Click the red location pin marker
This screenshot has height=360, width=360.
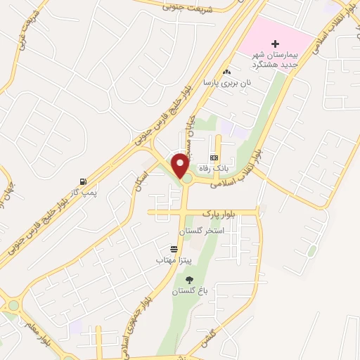pyautogui.click(x=181, y=166)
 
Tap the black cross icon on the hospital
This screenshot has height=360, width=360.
pyautogui.click(x=275, y=44)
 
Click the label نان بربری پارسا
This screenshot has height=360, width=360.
pyautogui.click(x=227, y=82)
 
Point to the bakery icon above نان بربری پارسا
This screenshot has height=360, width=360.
pyautogui.click(x=226, y=72)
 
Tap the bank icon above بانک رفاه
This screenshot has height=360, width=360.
pyautogui.click(x=214, y=157)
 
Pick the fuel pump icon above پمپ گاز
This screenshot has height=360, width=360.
pyautogui.click(x=84, y=181)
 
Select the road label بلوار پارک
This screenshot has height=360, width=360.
pyautogui.click(x=217, y=212)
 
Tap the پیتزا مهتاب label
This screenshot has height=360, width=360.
pyautogui.click(x=173, y=259)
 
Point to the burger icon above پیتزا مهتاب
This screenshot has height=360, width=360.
pyautogui.click(x=173, y=249)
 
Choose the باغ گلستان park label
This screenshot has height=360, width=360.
pyautogui.click(x=188, y=290)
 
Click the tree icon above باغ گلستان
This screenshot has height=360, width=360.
pyautogui.click(x=188, y=280)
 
